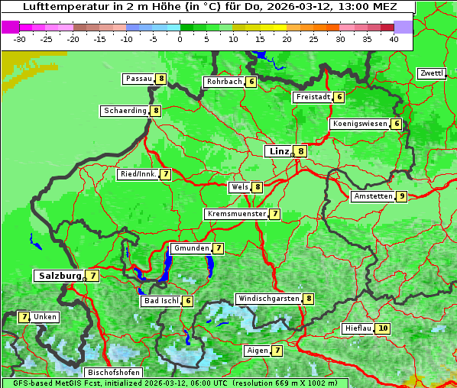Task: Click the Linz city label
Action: pos(279,151)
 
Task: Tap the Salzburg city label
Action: pos(58,275)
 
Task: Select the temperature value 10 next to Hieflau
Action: pos(383,328)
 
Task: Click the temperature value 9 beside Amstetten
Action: pos(402,196)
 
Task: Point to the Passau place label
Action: pos(139,79)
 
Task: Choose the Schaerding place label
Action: pos(125,111)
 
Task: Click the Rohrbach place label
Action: pos(224,82)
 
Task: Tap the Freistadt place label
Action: pos(313,97)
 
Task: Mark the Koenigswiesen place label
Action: pos(360,124)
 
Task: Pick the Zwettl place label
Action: pos(431,73)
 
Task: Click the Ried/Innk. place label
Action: pos(138,174)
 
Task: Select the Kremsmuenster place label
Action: pos(236,214)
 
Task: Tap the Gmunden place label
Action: pos(190,248)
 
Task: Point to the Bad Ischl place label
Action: pos(161,301)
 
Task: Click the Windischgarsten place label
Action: pos(267,299)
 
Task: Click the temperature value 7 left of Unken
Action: pos(24,317)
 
